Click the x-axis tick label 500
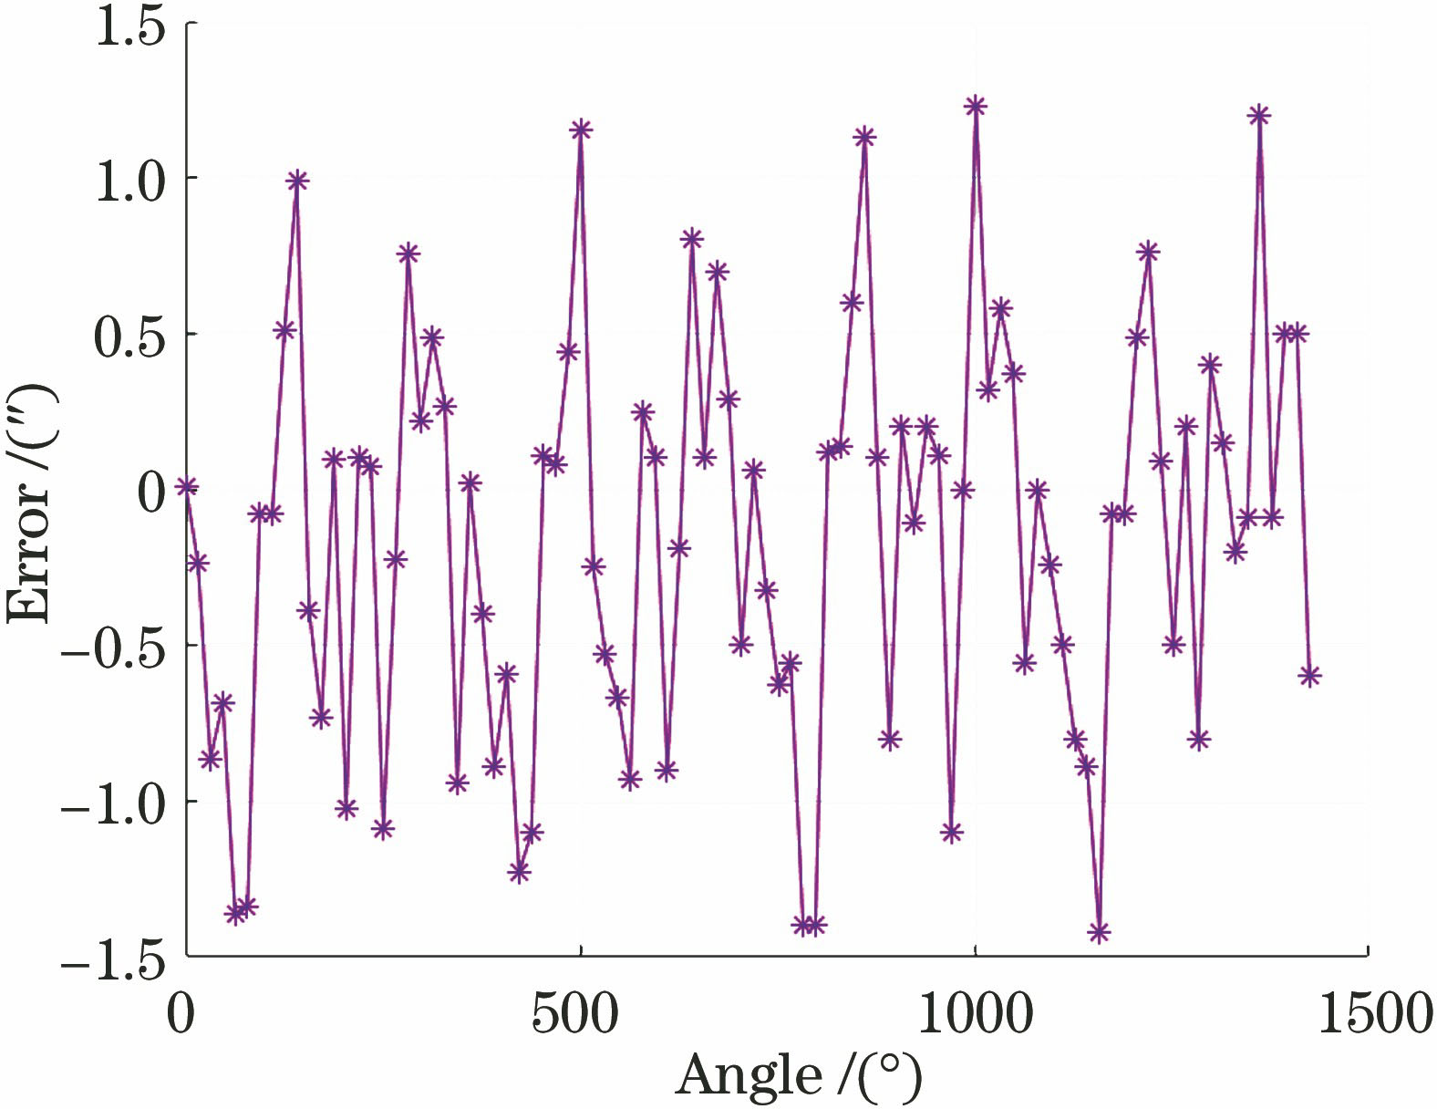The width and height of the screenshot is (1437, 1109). tap(575, 1013)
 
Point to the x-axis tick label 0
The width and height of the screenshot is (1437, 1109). tap(181, 1013)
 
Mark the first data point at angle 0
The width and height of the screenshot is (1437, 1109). tap(187, 486)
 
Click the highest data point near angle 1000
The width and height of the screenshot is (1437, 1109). tap(976, 106)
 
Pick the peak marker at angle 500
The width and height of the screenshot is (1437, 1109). tap(581, 130)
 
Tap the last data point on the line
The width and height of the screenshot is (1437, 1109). tap(1309, 676)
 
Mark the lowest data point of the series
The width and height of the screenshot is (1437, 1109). tap(1099, 932)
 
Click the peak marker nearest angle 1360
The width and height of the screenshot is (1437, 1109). tap(1259, 115)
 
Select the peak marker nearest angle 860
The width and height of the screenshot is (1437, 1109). tap(864, 137)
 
